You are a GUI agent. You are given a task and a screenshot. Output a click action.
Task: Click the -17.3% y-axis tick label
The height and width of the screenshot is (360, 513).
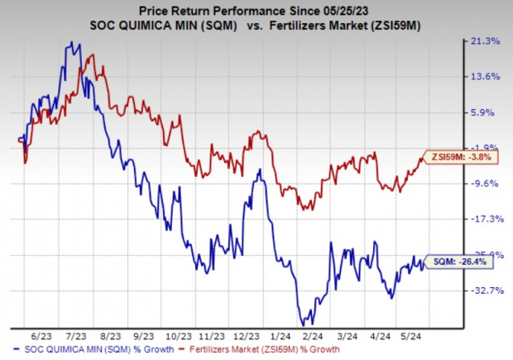click(x=487, y=219)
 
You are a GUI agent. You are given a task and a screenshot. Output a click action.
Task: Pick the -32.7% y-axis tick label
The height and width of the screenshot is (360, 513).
click(x=487, y=290)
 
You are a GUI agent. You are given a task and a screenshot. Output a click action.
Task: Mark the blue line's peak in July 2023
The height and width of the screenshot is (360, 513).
click(x=73, y=43)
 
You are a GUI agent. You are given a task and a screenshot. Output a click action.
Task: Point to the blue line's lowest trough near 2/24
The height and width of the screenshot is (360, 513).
click(x=303, y=324)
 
